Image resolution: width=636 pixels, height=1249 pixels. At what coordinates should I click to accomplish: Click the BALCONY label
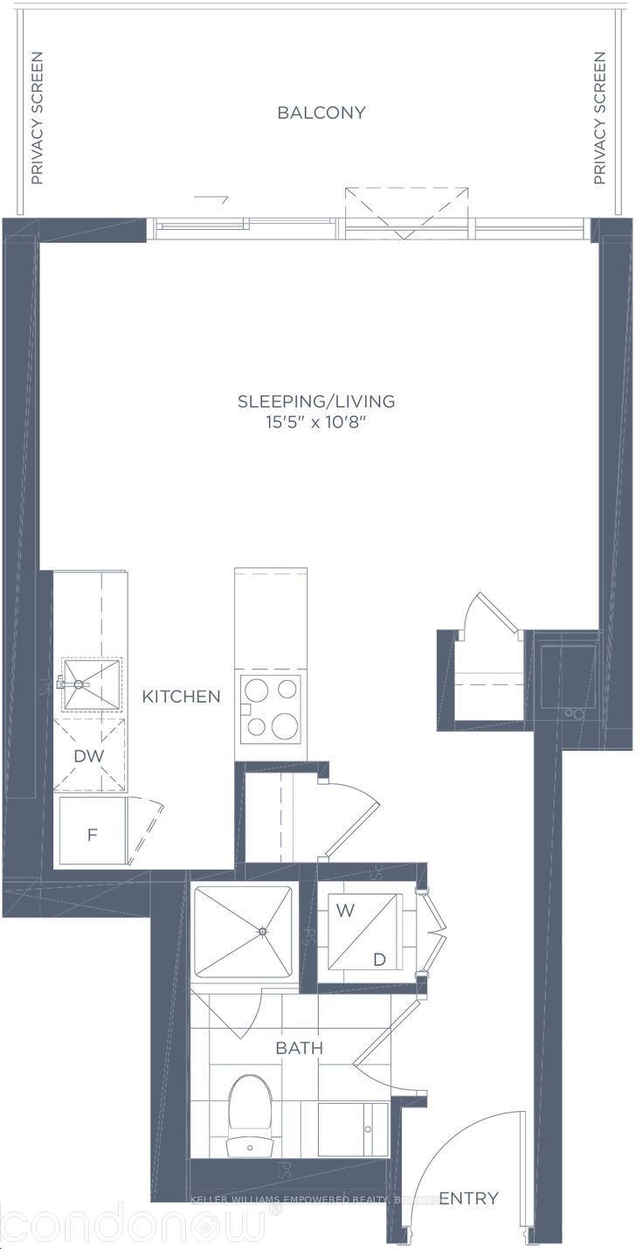[321, 113]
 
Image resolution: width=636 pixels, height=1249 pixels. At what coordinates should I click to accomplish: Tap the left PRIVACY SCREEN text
[37, 118]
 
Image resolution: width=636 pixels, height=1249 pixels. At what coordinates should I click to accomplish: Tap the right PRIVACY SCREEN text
[599, 118]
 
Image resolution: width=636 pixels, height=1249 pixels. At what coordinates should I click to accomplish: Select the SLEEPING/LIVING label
[316, 401]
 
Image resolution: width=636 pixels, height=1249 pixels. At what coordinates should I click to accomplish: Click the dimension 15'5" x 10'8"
[316, 422]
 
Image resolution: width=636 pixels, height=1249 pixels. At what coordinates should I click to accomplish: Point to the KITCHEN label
[182, 697]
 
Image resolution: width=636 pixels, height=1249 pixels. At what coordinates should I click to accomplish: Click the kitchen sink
[91, 685]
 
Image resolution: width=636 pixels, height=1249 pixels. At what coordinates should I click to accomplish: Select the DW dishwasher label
[88, 755]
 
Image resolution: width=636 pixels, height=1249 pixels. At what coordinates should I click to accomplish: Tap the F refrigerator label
[92, 835]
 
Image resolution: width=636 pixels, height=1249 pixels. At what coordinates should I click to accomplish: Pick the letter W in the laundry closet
[346, 910]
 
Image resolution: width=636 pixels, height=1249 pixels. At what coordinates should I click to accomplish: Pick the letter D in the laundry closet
[379, 960]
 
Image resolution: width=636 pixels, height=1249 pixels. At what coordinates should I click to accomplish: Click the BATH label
[300, 1048]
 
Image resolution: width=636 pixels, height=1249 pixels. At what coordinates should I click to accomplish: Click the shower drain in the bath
[262, 932]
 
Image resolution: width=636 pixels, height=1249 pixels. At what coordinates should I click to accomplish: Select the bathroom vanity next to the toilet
[352, 1128]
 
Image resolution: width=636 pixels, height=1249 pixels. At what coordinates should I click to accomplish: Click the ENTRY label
[468, 1197]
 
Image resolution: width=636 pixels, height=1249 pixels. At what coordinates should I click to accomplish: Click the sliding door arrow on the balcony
[211, 198]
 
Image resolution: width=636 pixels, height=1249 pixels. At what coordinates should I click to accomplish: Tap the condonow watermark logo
[131, 1224]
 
